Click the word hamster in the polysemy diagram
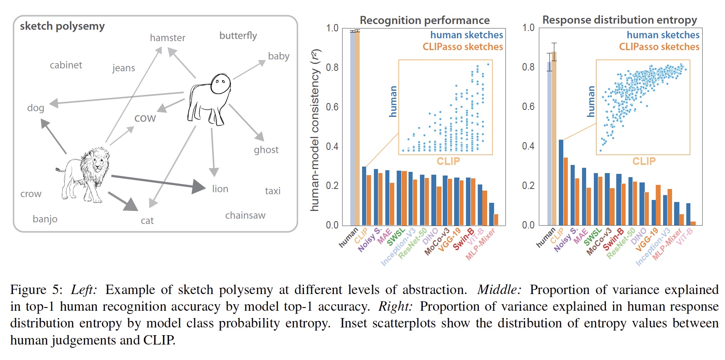click(x=167, y=38)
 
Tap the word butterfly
click(x=238, y=36)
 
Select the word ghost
click(x=266, y=150)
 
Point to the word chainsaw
click(x=245, y=215)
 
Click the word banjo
click(x=45, y=219)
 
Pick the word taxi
click(x=272, y=191)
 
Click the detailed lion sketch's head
click(x=98, y=160)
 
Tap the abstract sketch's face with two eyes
click(x=221, y=83)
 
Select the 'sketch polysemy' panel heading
click(x=62, y=26)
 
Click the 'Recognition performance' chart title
click(x=424, y=20)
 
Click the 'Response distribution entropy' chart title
click(x=620, y=20)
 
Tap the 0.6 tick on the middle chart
click(x=332, y=107)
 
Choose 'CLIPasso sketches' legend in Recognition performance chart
click(x=463, y=47)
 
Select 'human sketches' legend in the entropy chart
click(x=663, y=35)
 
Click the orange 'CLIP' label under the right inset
click(x=644, y=161)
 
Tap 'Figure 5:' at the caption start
click(x=36, y=290)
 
